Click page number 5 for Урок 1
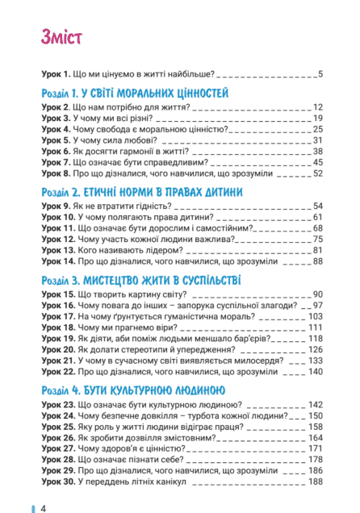coord(320,75)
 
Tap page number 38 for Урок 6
coord(317,151)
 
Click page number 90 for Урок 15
coord(317,294)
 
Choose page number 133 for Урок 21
coord(315,361)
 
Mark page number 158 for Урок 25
coord(315,427)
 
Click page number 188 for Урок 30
coord(315,482)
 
